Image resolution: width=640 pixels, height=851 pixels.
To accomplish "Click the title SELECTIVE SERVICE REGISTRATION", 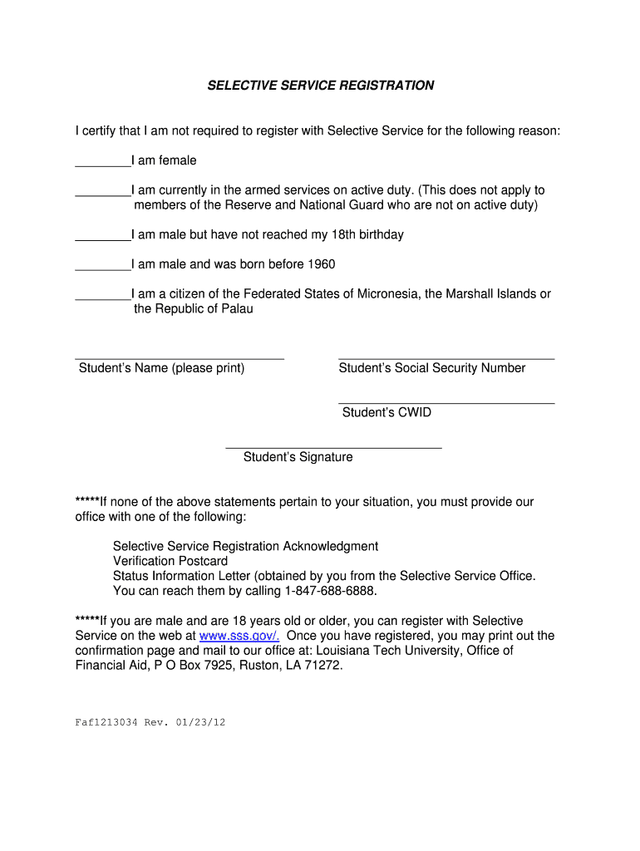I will pos(320,86).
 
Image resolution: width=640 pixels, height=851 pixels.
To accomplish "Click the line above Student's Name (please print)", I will pos(180,357).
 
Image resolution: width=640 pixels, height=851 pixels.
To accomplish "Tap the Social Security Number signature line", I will pos(446,357).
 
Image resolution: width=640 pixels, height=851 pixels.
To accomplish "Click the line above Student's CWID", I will pos(446,402).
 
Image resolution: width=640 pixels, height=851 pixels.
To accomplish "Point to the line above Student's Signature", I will pos(333,447).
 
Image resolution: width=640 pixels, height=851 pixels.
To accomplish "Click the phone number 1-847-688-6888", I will pos(330,591).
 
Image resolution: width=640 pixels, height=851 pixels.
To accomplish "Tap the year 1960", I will pos(321,264).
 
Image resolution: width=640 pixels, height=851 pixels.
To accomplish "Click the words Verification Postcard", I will pos(170,561).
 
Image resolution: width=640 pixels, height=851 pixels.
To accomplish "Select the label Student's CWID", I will pos(386,412).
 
